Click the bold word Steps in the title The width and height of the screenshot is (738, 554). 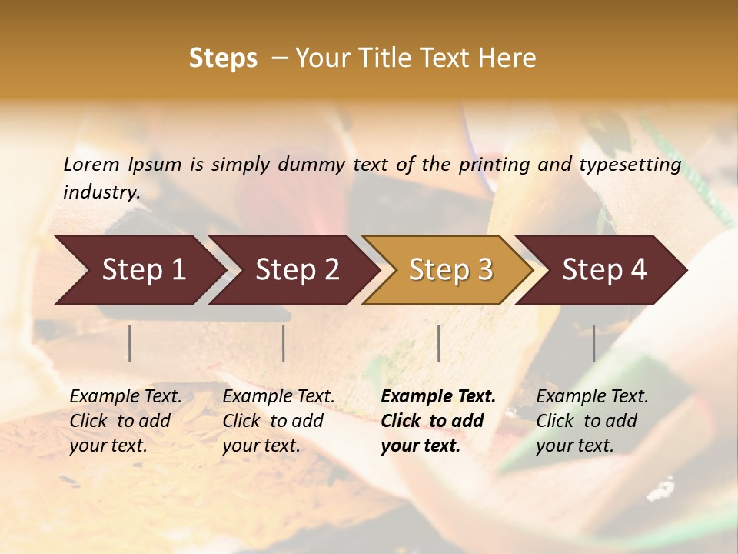223,58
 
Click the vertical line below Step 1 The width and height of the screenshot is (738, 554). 130,343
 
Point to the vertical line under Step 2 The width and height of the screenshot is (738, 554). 284,343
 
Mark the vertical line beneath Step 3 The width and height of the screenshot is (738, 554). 439,343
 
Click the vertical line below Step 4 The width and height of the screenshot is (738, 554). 594,343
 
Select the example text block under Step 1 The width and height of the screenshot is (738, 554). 125,421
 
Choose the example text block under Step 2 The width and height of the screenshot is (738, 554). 278,421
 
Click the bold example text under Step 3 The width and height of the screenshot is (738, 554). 438,421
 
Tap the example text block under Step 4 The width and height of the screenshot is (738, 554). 592,421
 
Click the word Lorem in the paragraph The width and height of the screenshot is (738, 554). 91,164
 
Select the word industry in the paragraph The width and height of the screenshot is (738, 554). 101,192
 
